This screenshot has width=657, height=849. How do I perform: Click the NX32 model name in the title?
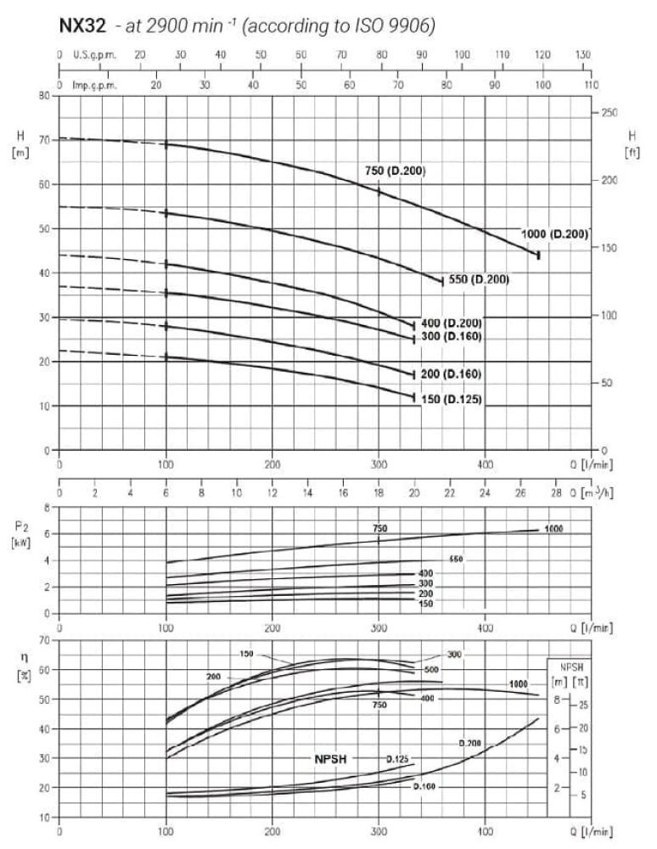(x=81, y=26)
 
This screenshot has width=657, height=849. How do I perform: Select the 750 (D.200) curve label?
(x=395, y=171)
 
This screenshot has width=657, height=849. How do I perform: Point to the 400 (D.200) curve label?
(x=452, y=323)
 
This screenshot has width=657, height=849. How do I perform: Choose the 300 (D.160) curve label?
(x=452, y=337)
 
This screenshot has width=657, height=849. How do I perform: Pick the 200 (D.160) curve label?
(x=452, y=374)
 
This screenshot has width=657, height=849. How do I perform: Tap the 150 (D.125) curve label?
(x=452, y=398)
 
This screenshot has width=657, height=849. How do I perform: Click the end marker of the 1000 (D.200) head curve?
(x=538, y=255)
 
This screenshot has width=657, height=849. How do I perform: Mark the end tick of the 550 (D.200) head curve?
(x=442, y=282)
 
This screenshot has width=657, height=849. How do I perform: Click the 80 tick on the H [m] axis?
(x=43, y=96)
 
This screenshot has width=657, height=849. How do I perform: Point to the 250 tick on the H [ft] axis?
(x=609, y=113)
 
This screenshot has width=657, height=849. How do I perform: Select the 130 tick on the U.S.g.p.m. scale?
(x=583, y=54)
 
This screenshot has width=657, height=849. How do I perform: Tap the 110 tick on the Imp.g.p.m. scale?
(x=592, y=86)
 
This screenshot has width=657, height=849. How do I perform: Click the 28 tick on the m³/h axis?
(x=555, y=492)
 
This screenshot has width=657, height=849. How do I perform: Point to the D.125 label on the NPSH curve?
(x=398, y=758)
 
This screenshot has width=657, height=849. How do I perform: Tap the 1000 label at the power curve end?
(x=553, y=529)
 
